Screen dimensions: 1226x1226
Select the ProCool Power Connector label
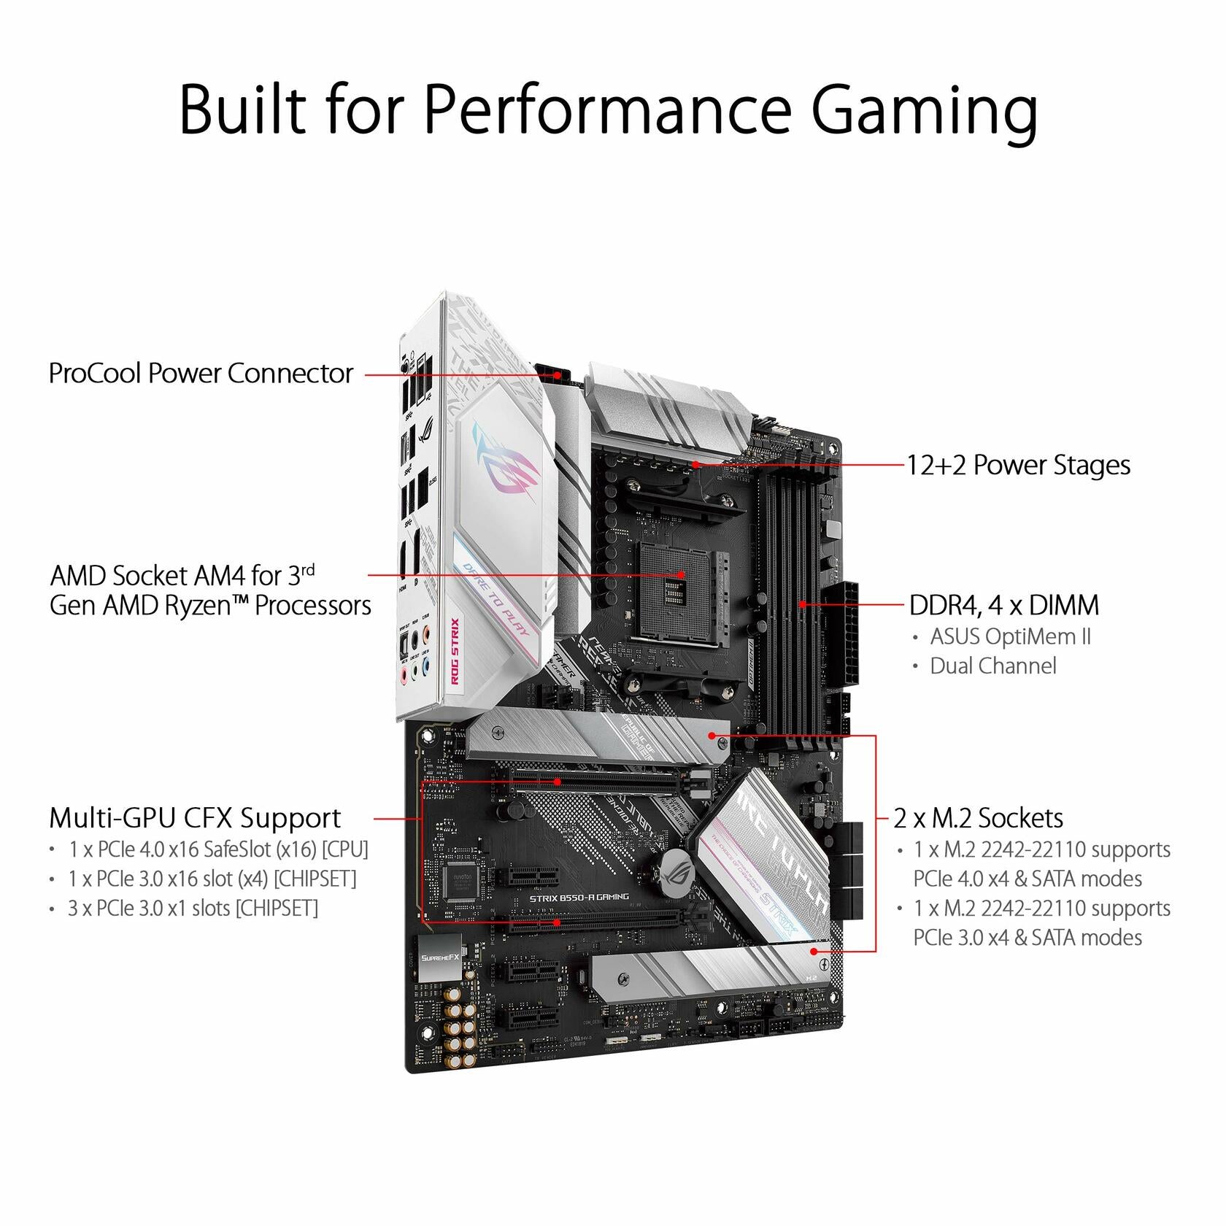[201, 374]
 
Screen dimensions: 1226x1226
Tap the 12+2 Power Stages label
[1018, 466]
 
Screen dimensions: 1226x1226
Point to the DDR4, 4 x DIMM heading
[1003, 606]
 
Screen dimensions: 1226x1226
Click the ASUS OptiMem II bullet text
[1010, 637]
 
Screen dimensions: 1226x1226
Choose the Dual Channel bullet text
[992, 666]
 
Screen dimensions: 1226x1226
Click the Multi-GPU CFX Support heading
[195, 819]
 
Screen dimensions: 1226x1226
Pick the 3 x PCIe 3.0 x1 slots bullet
[193, 909]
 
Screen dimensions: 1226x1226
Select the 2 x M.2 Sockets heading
[978, 819]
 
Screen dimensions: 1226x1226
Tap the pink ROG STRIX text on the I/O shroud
[455, 651]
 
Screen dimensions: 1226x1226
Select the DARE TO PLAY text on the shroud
[496, 598]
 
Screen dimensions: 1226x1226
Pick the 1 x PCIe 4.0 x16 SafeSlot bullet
[218, 849]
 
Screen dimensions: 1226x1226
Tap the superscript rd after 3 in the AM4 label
[308, 569]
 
